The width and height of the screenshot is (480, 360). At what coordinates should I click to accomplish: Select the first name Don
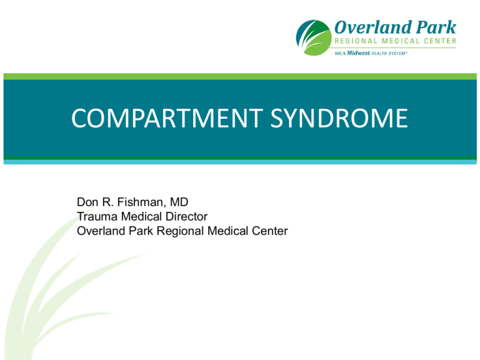(86, 202)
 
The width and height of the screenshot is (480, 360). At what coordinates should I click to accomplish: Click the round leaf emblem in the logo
(314, 37)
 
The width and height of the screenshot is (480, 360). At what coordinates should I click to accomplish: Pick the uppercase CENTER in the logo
(438, 41)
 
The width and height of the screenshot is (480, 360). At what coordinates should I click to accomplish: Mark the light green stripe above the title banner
(240, 76)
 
